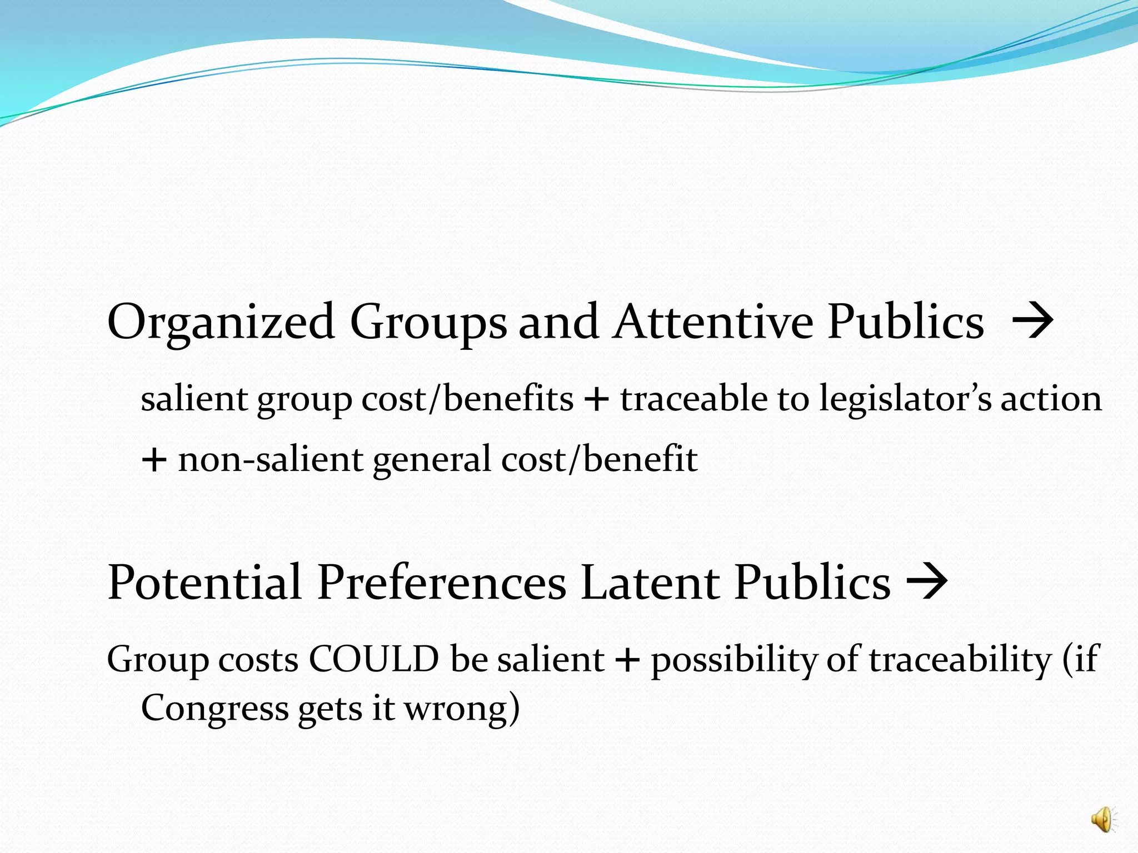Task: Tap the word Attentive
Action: point(713,322)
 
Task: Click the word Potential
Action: point(204,583)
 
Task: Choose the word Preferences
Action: point(442,583)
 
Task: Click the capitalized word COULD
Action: point(373,660)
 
